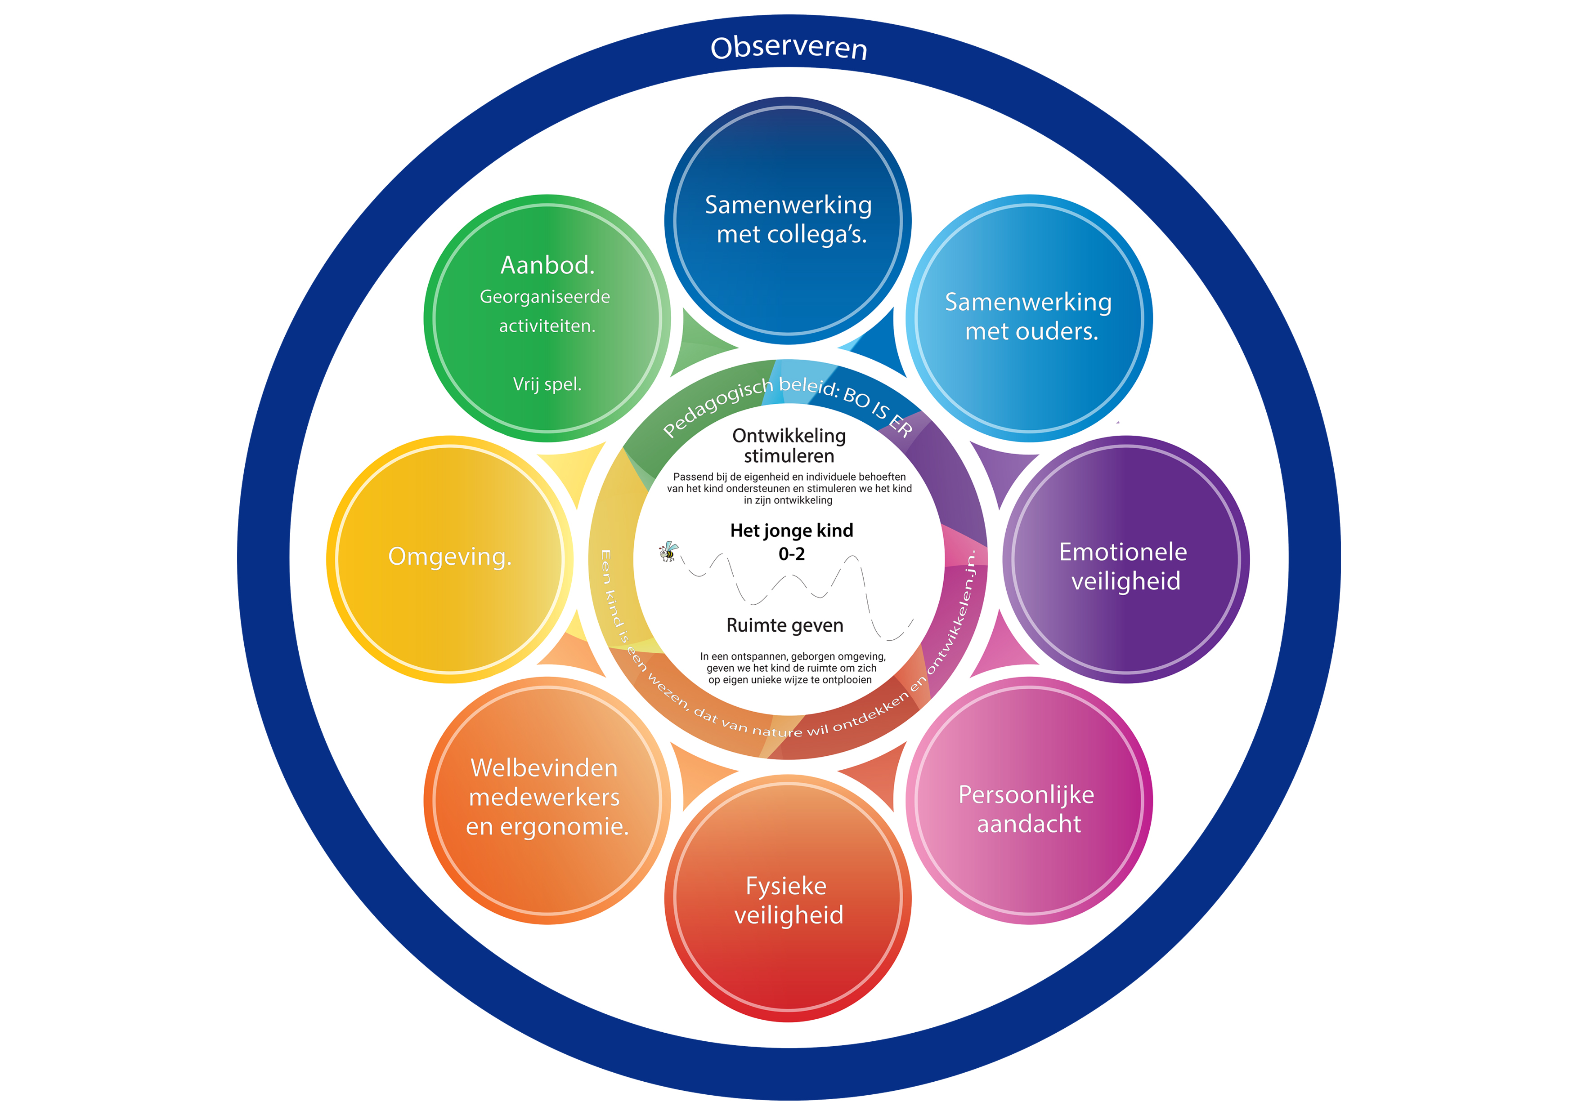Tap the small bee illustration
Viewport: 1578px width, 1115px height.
(668, 551)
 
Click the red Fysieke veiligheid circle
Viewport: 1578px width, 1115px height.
(788, 900)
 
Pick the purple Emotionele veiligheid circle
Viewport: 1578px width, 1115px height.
(1125, 566)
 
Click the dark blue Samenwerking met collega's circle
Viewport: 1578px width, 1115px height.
(788, 220)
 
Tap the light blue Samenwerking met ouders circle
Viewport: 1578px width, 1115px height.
(1028, 317)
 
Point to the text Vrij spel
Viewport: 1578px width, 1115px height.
(547, 384)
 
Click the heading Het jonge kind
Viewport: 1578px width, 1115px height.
(791, 531)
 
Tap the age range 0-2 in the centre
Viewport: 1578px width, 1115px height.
(791, 554)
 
